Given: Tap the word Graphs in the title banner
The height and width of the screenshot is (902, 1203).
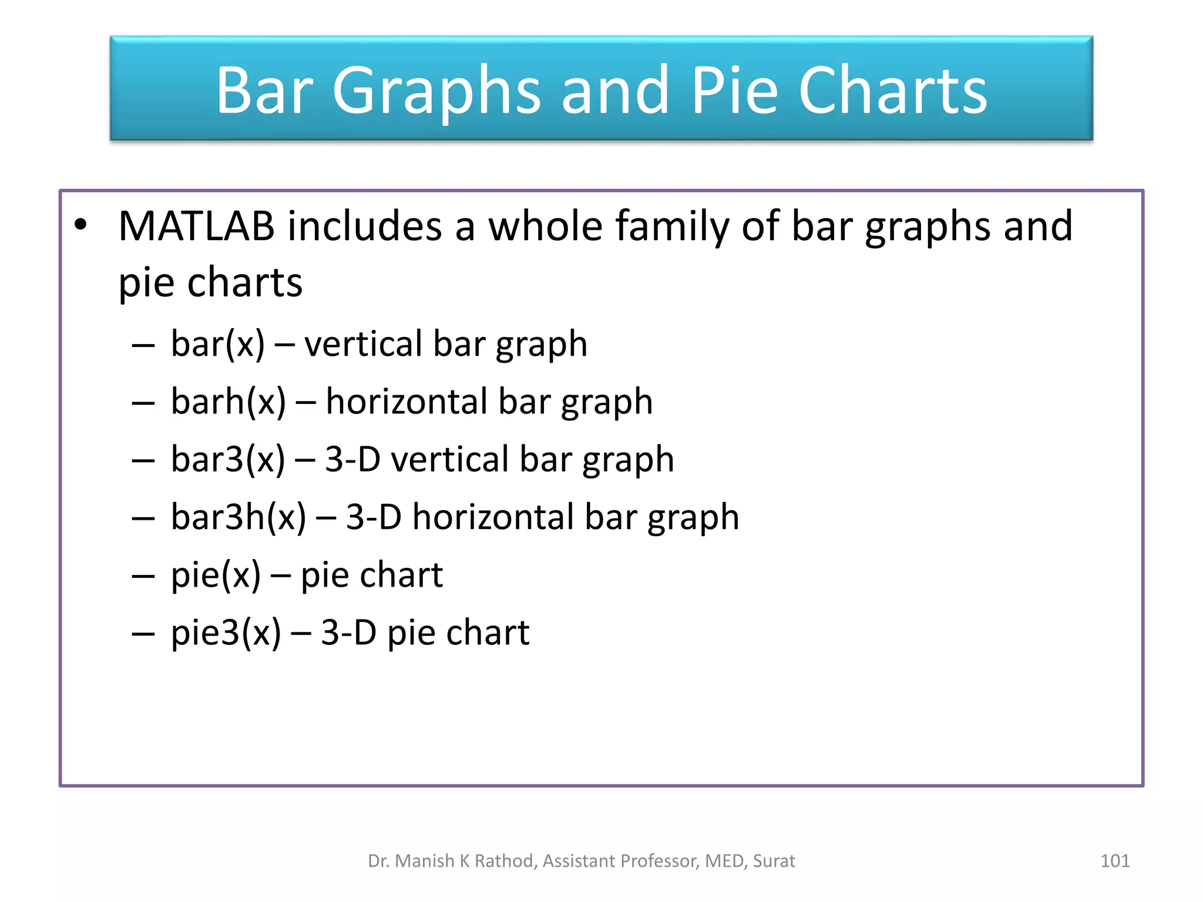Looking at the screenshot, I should point(436,92).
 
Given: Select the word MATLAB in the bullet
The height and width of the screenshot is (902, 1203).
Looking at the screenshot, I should point(196,226).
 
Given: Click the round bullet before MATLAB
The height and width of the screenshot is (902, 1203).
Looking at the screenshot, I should point(80,225).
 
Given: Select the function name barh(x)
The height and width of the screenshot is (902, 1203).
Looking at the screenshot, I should point(228,402).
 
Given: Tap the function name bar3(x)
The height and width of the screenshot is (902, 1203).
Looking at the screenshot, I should point(228,459).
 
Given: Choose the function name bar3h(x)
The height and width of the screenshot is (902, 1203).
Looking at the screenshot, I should point(238,517).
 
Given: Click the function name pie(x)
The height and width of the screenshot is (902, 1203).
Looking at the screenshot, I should point(216,575).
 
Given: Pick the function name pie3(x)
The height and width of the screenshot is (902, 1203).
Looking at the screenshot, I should point(226,633).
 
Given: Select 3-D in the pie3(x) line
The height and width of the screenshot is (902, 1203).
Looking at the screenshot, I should point(348,633).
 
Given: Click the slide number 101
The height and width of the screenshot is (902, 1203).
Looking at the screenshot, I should point(1114,861).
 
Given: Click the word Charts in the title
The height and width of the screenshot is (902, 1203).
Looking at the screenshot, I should point(893,90).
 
